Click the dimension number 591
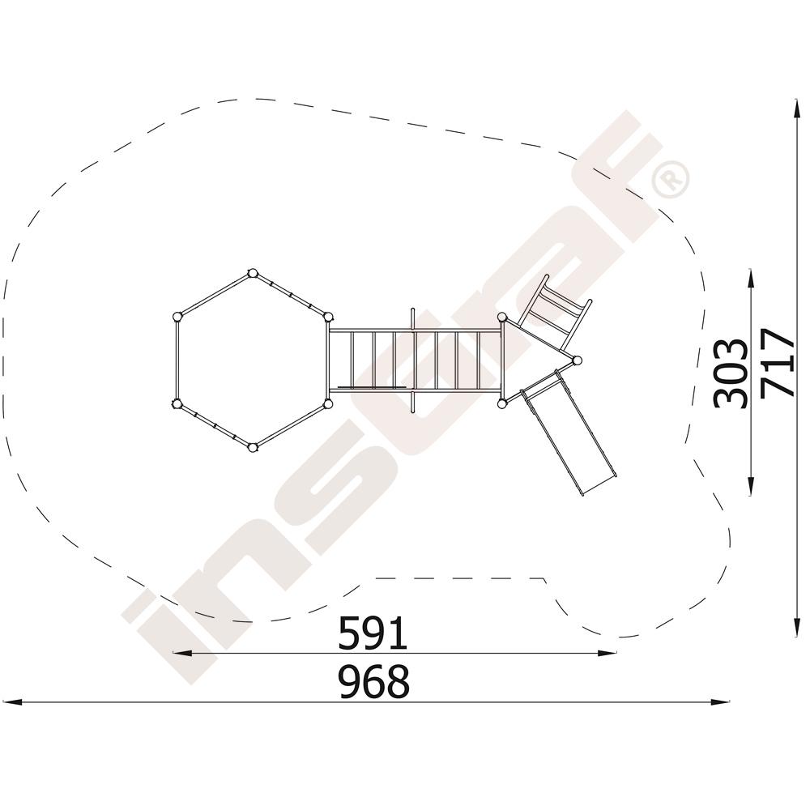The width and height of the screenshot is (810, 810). click(x=373, y=633)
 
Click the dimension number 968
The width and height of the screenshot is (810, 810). click(x=373, y=681)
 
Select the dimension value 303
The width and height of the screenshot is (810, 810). click(x=730, y=373)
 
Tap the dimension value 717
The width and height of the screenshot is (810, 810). click(x=777, y=363)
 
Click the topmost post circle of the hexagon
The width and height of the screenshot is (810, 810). click(x=253, y=273)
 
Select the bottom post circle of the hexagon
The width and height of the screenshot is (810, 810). click(x=253, y=447)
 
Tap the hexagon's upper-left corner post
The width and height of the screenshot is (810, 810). click(x=177, y=317)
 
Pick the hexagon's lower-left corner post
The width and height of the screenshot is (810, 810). click(x=177, y=404)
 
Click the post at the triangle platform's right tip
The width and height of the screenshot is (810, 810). click(x=577, y=360)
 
